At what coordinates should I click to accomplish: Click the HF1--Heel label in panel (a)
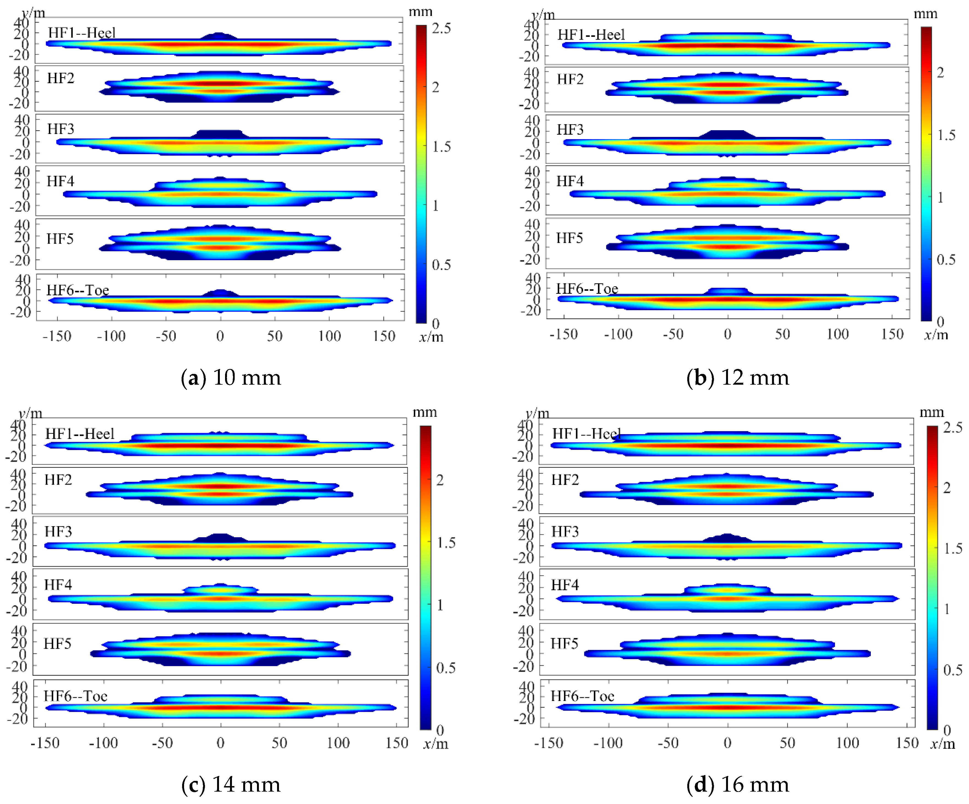pyautogui.click(x=82, y=33)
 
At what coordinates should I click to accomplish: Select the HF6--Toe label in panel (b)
pyautogui.click(x=587, y=289)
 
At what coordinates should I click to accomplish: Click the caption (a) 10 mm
pyautogui.click(x=231, y=378)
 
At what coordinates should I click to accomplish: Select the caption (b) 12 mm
pyautogui.click(x=737, y=378)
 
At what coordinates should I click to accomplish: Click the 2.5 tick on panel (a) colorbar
pyautogui.click(x=441, y=29)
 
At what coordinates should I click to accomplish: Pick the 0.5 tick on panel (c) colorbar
pyautogui.click(x=445, y=668)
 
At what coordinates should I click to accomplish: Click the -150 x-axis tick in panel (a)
pyautogui.click(x=57, y=336)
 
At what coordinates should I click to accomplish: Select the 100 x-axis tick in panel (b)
pyautogui.click(x=837, y=334)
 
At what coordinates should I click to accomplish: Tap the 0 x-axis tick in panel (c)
pyautogui.click(x=221, y=743)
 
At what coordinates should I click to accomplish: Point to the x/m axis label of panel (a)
pyautogui.click(x=431, y=337)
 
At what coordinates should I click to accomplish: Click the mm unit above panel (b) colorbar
pyautogui.click(x=925, y=14)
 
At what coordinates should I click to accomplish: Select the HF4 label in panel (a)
pyautogui.click(x=61, y=181)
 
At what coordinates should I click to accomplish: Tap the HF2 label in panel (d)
pyautogui.click(x=565, y=480)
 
